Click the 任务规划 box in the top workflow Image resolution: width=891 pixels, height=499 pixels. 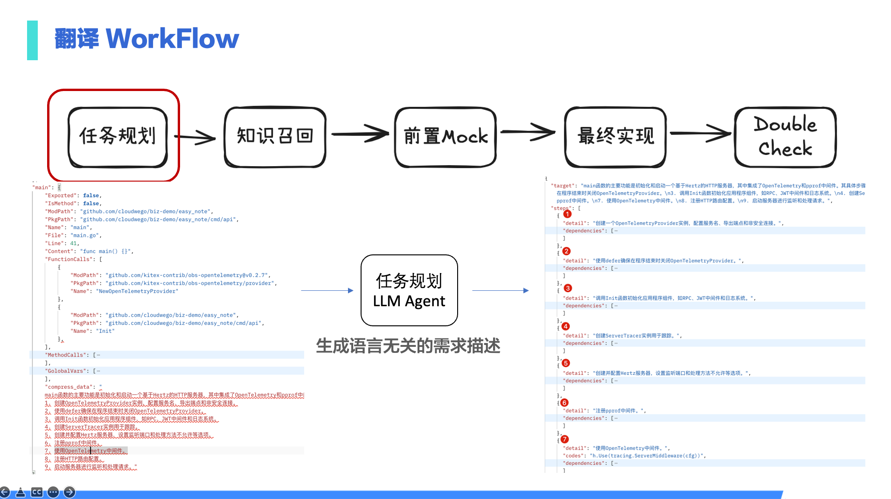[118, 136]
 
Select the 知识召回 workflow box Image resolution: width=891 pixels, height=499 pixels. [275, 136]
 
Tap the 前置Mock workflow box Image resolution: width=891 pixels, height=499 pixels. [445, 136]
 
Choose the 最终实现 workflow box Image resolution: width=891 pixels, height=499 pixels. [615, 136]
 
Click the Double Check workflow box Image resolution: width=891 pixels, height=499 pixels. [785, 136]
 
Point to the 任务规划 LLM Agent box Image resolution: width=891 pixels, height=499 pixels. [409, 290]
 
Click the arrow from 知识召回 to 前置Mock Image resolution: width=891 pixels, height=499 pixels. [360, 134]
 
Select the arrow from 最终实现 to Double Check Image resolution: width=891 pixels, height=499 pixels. [700, 134]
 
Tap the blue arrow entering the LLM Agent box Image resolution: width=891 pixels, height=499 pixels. [327, 290]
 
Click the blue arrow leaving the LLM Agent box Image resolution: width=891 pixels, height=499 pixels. [500, 290]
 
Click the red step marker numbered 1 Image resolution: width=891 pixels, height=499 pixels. [567, 214]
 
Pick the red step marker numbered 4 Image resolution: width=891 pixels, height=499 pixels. [565, 326]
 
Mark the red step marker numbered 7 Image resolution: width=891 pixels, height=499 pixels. [564, 439]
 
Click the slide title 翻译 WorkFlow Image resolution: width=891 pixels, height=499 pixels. [146, 39]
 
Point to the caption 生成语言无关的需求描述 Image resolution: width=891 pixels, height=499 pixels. [408, 346]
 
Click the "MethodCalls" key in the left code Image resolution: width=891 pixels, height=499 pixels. [66, 355]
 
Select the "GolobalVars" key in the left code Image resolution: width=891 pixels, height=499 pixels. [66, 371]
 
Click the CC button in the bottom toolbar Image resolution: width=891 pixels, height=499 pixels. [37, 492]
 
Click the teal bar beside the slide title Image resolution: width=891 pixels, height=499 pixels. [32, 40]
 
